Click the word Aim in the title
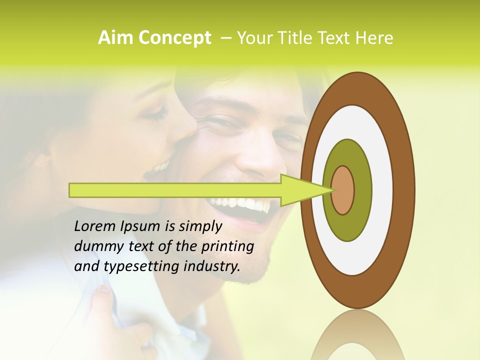(x=115, y=38)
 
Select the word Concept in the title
(x=174, y=38)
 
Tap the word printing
(x=227, y=247)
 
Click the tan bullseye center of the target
(x=343, y=190)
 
